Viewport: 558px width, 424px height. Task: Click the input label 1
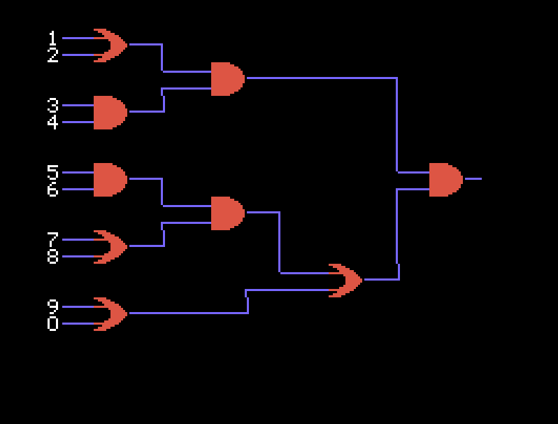click(x=52, y=38)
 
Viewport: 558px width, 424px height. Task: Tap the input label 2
click(x=52, y=55)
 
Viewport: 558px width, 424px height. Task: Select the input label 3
click(x=52, y=105)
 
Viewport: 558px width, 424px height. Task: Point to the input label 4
click(x=52, y=122)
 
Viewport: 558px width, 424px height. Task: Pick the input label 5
click(x=52, y=172)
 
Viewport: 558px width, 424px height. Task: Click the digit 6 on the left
click(x=52, y=190)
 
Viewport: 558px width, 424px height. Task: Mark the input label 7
click(x=52, y=239)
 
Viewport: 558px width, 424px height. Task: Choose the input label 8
click(x=52, y=257)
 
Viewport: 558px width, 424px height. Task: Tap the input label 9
click(x=52, y=306)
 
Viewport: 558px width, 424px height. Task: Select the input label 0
click(x=52, y=324)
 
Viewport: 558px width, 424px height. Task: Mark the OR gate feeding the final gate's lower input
click(x=345, y=281)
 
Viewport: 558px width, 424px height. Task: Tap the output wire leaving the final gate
click(x=473, y=179)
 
